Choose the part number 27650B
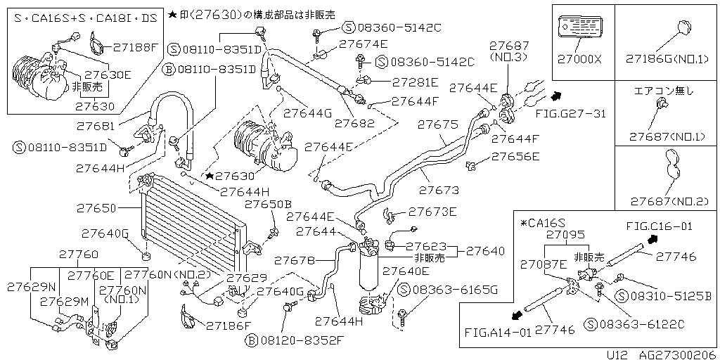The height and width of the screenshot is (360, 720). [x=267, y=204]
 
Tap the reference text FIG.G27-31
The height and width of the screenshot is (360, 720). [x=570, y=112]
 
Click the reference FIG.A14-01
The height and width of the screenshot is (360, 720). [x=498, y=331]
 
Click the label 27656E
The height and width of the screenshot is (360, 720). [x=515, y=156]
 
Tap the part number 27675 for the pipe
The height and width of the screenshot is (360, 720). [x=437, y=124]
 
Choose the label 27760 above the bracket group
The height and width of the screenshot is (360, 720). [x=78, y=254]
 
